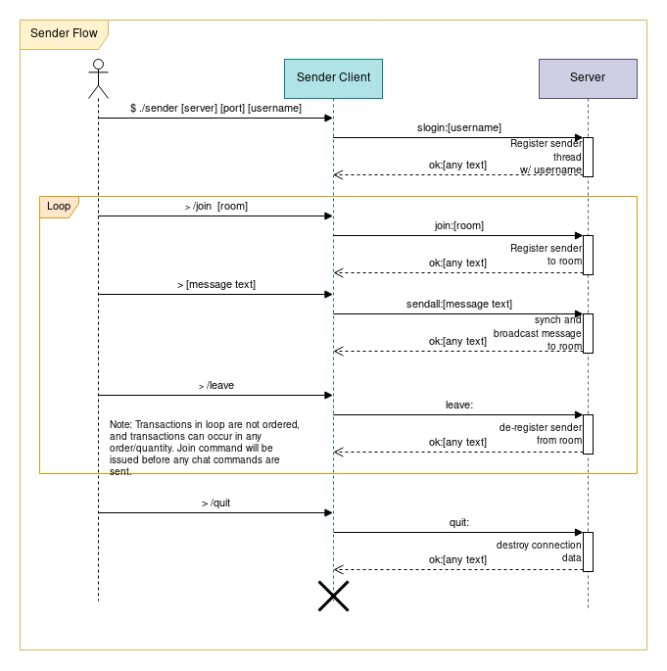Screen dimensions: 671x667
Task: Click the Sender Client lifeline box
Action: coord(333,78)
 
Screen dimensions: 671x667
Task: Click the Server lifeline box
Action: coord(588,78)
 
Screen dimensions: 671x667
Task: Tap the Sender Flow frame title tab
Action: coord(64,33)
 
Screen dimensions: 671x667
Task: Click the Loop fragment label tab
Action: coord(59,207)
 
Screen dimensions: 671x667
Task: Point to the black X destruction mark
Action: coord(333,596)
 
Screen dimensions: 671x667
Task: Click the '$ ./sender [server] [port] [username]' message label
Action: coord(215,108)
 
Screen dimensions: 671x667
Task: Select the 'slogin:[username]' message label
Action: coord(459,128)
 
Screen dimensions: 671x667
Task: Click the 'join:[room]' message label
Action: coord(459,225)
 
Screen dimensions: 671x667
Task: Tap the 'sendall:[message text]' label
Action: coord(459,304)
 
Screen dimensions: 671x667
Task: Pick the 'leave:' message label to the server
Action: coord(459,404)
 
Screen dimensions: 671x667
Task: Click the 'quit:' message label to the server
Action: coord(459,522)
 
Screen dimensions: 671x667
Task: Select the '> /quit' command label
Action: coord(215,503)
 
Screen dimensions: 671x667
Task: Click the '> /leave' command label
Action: coord(215,385)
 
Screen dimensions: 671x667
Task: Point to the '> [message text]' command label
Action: coord(215,284)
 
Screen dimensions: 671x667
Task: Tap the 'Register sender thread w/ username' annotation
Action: coord(547,157)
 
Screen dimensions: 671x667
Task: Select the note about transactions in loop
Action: coord(204,448)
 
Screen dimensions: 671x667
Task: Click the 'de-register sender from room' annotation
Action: coord(541,433)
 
